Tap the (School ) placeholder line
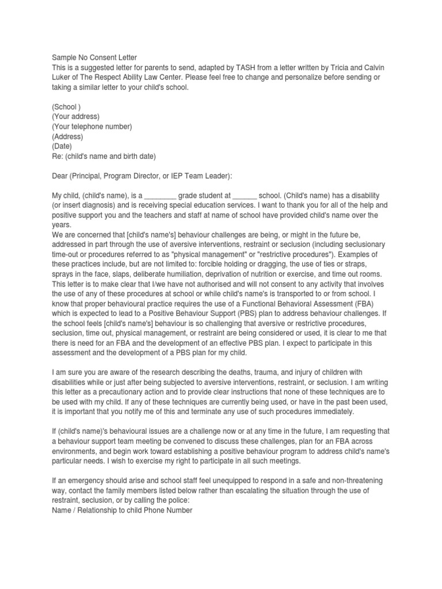66,107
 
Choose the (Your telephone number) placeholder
92,127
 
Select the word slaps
131,274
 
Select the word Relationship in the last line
102,510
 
